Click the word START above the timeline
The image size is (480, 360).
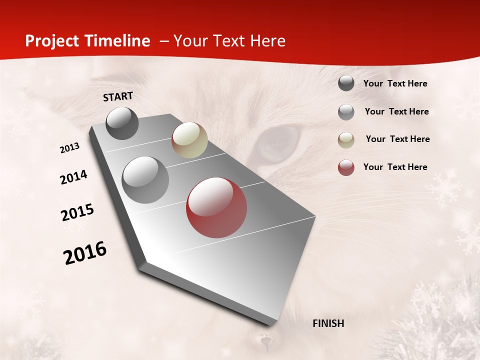[x=118, y=96]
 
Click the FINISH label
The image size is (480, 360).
[x=328, y=323]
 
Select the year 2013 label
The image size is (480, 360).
[x=70, y=148]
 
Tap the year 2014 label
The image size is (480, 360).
[x=74, y=177]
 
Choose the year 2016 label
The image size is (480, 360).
[x=85, y=253]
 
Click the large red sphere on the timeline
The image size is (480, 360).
[x=216, y=207]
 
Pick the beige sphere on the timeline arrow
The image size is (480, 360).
[x=189, y=140]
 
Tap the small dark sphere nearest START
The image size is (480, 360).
[x=122, y=123]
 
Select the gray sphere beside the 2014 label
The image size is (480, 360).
[x=145, y=180]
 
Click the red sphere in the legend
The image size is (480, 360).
[x=346, y=167]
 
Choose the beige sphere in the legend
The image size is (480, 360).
[x=346, y=140]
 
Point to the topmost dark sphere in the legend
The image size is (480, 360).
[x=346, y=83]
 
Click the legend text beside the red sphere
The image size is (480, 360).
[x=395, y=167]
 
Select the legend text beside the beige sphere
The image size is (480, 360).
[x=398, y=139]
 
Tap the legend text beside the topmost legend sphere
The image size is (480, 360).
[x=395, y=83]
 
